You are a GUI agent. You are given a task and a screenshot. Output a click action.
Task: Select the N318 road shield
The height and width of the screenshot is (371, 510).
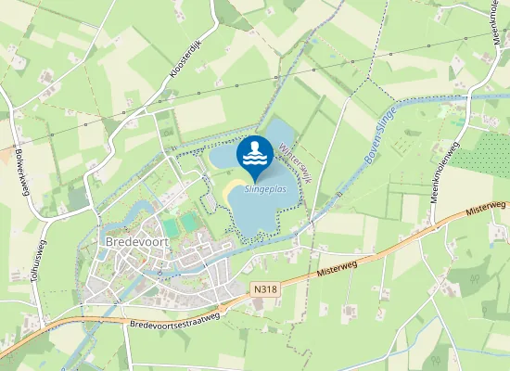pyautogui.click(x=265, y=288)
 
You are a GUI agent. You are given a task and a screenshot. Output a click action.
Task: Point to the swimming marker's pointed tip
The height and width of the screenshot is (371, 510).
pyautogui.click(x=255, y=181)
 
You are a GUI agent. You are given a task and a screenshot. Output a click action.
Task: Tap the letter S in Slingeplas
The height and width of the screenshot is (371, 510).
pyautogui.click(x=248, y=189)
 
